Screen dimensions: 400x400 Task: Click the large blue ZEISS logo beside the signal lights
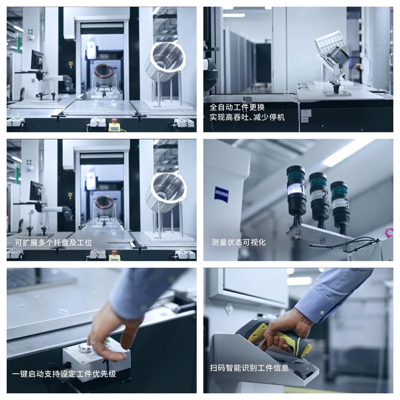click(221, 195)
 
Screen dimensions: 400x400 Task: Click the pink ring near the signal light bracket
click(389, 232)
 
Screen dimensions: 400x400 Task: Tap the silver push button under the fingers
click(85, 347)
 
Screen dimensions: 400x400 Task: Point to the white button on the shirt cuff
click(322, 312)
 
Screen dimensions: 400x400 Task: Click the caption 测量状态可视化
click(239, 242)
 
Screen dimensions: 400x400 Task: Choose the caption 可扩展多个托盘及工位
click(53, 242)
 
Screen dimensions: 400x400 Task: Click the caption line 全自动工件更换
click(237, 107)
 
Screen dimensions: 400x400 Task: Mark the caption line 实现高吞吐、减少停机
click(247, 117)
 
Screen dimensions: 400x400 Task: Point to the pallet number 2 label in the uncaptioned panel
click(97, 124)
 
